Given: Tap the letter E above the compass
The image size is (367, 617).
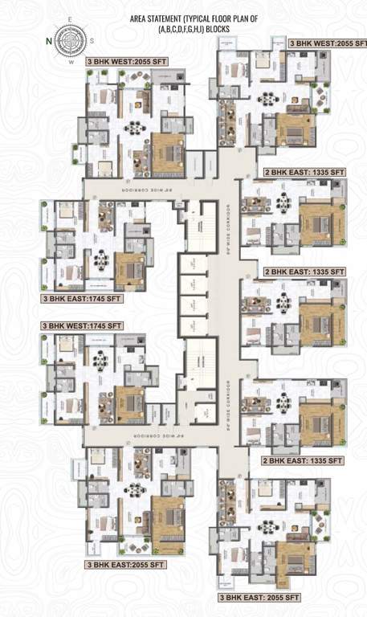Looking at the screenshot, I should (70, 19).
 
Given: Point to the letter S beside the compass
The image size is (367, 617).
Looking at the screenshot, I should (92, 40).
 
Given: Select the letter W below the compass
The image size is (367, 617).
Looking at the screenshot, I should (71, 60).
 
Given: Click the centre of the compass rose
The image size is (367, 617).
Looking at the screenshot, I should (71, 39).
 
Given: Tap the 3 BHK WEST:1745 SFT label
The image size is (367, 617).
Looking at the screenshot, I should (83, 325).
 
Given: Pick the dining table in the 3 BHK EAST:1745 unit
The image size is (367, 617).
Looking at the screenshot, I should (101, 259).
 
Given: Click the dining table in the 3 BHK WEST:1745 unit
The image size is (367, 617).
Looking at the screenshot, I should (101, 362).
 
